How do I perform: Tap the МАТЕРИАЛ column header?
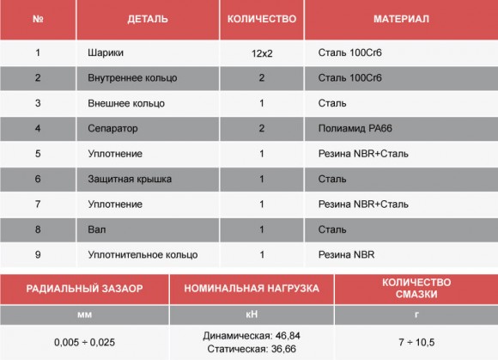(401, 18)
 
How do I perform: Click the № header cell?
(38, 18)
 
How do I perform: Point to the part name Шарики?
(104, 52)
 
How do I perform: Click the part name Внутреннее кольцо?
(132, 78)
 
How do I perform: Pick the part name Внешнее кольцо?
(125, 103)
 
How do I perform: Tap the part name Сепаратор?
(112, 129)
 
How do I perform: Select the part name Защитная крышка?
(130, 179)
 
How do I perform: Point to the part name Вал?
(96, 229)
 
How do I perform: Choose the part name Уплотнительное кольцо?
(143, 255)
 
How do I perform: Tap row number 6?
(38, 179)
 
